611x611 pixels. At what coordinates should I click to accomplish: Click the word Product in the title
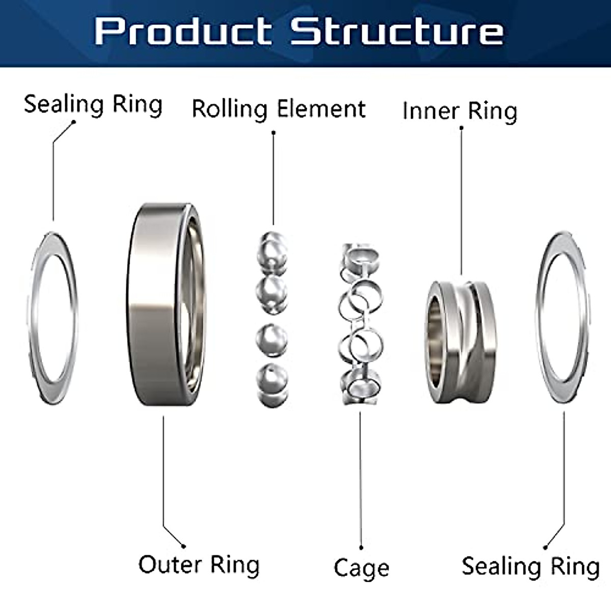click(182, 32)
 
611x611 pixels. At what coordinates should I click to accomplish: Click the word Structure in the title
click(397, 32)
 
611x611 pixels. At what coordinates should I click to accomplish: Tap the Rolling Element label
click(279, 109)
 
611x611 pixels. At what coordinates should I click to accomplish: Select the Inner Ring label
click(459, 111)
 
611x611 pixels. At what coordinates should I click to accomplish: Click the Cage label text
click(361, 568)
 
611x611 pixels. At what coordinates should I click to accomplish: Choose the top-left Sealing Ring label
click(93, 104)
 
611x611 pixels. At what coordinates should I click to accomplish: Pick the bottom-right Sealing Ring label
click(530, 567)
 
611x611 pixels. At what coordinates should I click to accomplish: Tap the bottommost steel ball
click(272, 381)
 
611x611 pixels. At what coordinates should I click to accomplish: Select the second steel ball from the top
click(272, 294)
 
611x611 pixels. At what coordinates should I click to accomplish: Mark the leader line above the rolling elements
click(273, 178)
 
